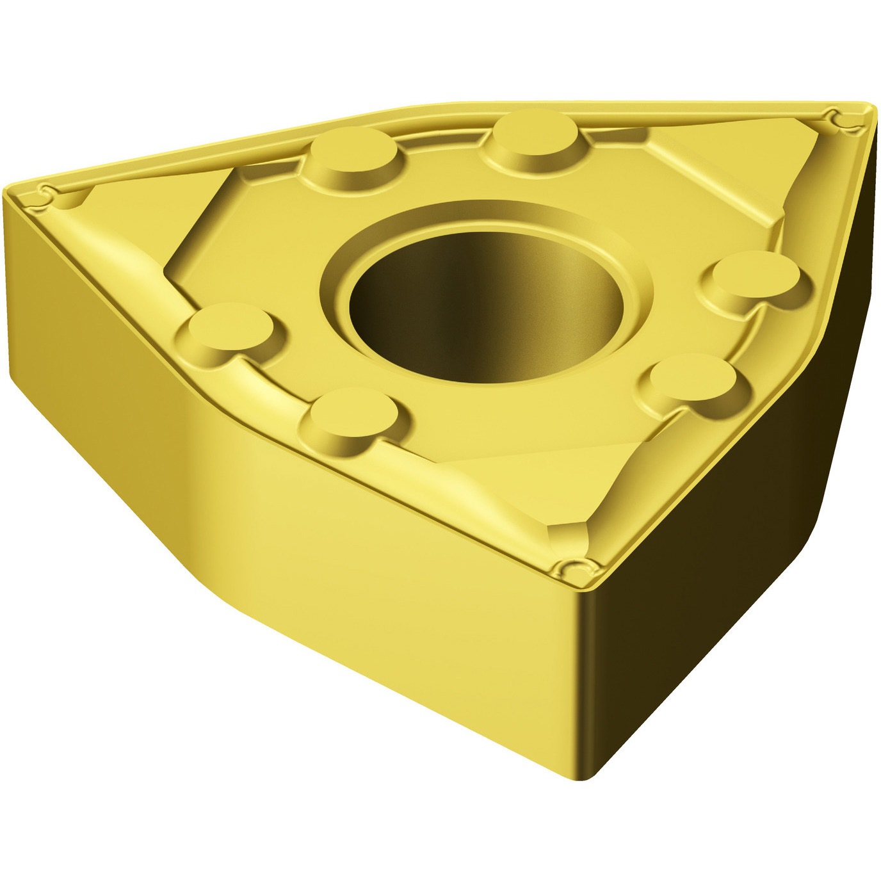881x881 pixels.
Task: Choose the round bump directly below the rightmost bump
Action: pos(698,378)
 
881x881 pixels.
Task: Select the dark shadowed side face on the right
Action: pos(736,576)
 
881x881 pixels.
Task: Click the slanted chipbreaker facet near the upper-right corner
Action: pos(723,179)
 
